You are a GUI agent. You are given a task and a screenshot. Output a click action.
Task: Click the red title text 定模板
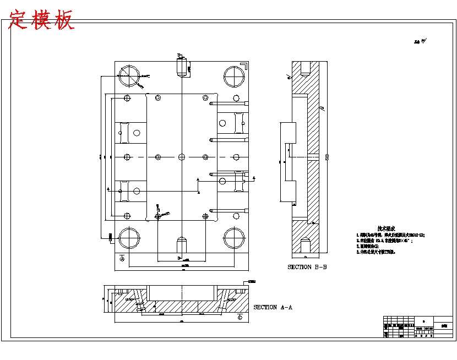click(42, 20)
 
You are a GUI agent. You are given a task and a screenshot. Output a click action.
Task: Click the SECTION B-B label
click(307, 267)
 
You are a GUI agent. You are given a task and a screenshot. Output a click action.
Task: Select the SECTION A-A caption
click(273, 307)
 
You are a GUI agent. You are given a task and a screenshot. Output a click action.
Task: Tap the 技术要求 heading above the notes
click(386, 228)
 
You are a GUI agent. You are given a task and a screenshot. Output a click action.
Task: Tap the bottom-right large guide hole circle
click(233, 238)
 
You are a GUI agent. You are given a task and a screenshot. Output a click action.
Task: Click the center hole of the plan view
click(181, 157)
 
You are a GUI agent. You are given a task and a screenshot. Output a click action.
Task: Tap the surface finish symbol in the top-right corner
click(421, 41)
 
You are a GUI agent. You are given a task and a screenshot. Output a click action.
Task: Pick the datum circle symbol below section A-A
click(240, 318)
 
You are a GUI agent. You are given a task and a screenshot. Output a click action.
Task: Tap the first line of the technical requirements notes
click(391, 235)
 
